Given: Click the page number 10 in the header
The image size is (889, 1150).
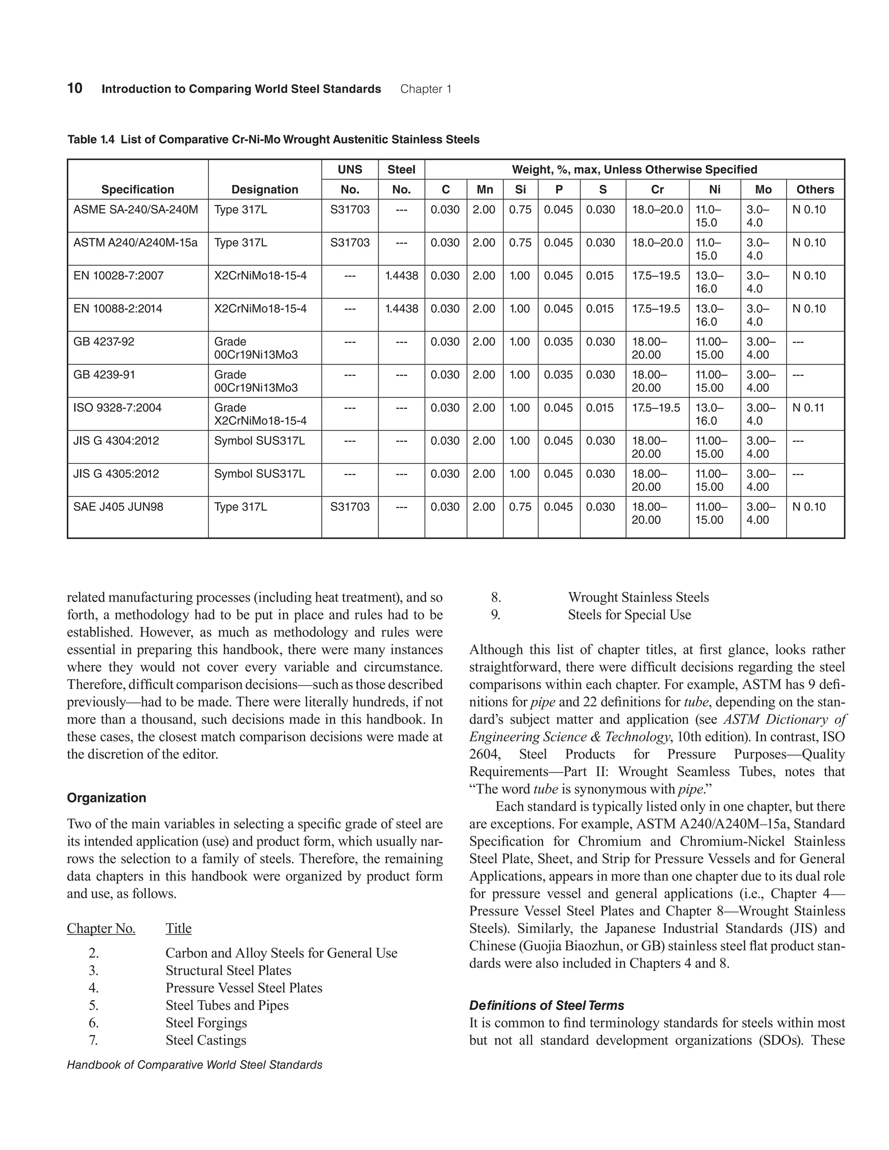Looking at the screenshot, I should click(x=75, y=89).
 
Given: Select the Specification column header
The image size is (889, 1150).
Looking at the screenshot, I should click(x=138, y=190).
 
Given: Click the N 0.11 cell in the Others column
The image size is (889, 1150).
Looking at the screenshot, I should click(x=809, y=407).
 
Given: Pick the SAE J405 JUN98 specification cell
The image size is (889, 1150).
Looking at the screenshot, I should click(x=118, y=506).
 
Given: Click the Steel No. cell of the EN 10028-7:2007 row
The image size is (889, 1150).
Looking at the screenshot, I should click(x=402, y=276).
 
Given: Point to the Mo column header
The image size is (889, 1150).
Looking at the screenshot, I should click(x=763, y=190).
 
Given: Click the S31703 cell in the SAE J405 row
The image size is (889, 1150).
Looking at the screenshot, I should click(x=350, y=506).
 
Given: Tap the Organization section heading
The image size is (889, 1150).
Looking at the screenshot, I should click(x=106, y=797).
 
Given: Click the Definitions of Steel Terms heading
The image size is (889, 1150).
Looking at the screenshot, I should click(x=546, y=1005).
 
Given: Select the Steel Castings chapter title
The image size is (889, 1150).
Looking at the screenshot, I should click(x=206, y=1040).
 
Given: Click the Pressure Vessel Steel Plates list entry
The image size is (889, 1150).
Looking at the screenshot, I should click(x=244, y=988).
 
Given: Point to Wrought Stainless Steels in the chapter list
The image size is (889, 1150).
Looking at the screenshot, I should click(x=638, y=597).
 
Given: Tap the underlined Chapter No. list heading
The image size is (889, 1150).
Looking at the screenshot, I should click(x=101, y=928).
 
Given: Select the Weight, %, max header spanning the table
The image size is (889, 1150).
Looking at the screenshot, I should click(x=634, y=170).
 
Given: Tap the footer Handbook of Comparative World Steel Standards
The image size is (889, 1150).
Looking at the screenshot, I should click(x=194, y=1065).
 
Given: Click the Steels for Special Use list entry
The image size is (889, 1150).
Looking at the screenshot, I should click(x=629, y=614).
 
